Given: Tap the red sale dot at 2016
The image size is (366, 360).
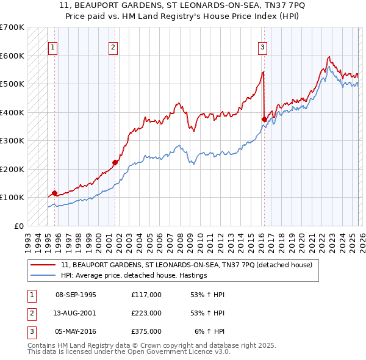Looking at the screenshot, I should coord(264,120).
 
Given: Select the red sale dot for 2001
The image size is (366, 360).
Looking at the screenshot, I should coord(115,162).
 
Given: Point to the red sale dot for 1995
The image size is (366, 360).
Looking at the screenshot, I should coord(55,193).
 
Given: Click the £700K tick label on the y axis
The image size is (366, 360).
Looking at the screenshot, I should coord(12,27).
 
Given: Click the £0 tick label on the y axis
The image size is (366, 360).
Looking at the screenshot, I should coord(18,226).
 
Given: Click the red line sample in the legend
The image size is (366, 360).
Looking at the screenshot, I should coord(43,265).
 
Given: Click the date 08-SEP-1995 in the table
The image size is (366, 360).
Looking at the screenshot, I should coord(76,295).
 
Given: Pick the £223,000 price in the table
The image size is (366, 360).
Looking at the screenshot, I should coord(146,313).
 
